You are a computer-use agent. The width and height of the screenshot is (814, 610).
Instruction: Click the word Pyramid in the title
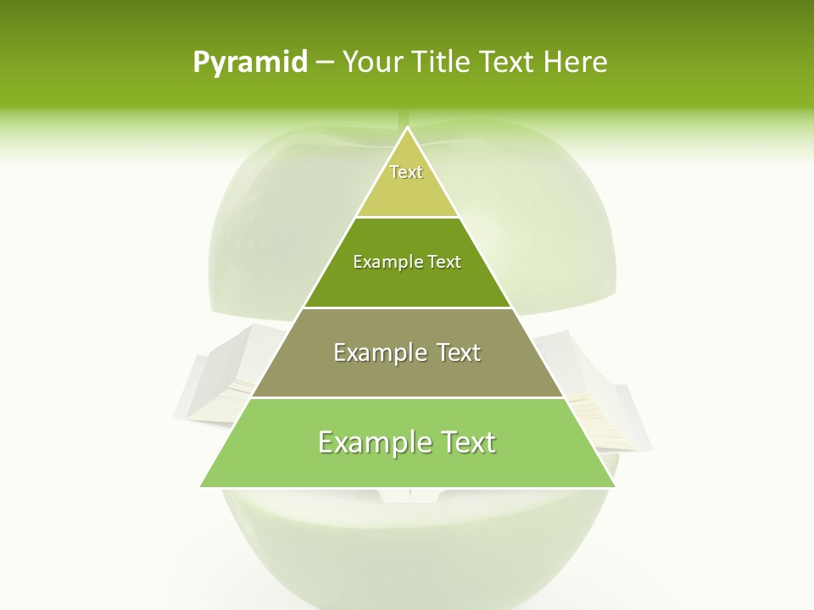pyautogui.click(x=250, y=63)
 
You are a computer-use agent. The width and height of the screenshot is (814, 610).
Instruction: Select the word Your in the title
pyautogui.click(x=371, y=62)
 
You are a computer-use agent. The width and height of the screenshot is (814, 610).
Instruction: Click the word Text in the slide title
pyautogui.click(x=507, y=62)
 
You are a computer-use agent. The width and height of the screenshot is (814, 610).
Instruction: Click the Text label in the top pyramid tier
pyautogui.click(x=406, y=172)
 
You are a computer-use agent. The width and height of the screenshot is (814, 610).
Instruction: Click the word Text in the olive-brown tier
pyautogui.click(x=459, y=352)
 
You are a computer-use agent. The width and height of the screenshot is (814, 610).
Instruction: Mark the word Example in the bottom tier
pyautogui.click(x=370, y=442)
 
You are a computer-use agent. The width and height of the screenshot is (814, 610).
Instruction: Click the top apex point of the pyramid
pyautogui.click(x=407, y=128)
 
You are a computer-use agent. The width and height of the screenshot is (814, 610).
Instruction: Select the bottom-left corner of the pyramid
pyautogui.click(x=201, y=486)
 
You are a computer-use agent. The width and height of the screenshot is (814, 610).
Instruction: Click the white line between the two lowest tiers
pyautogui.click(x=407, y=397)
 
